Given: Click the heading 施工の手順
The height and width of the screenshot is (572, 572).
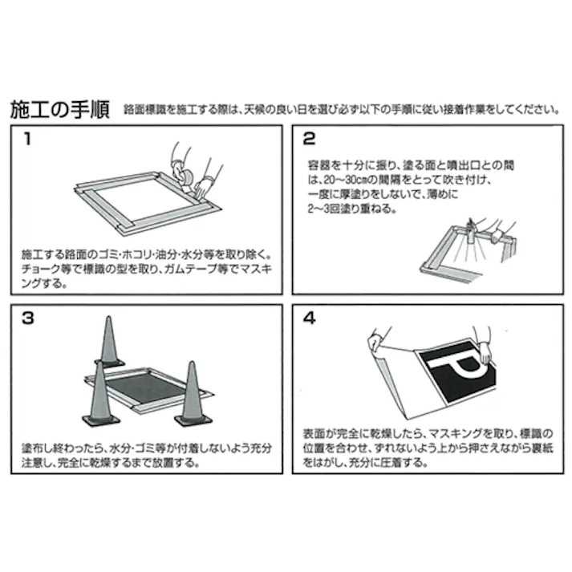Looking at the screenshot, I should pyautogui.click(x=60, y=110).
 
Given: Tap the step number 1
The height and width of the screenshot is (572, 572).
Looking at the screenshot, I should pyautogui.click(x=27, y=138).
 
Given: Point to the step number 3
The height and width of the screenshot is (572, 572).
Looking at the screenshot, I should pyautogui.click(x=28, y=318).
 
